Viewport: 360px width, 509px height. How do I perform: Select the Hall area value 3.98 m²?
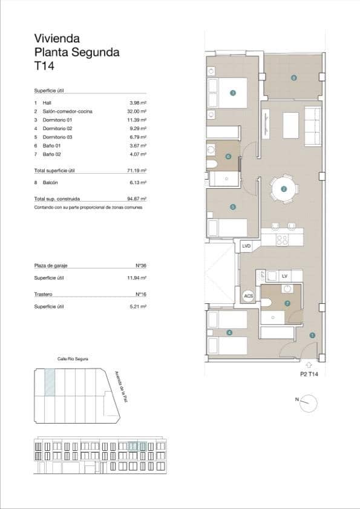pos(139,103)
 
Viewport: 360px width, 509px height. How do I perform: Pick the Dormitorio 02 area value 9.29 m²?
pos(139,128)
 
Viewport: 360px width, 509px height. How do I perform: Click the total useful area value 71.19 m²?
pos(138,171)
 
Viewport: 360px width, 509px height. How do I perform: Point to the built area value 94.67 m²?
pos(138,199)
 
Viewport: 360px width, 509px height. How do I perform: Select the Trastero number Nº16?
pos(142,295)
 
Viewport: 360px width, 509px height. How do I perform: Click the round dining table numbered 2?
pos(284,189)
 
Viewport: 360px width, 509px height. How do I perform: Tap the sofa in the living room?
pos(312,126)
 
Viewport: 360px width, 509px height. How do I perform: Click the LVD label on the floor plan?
pos(246,246)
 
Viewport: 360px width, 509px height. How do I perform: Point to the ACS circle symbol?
pos(248,296)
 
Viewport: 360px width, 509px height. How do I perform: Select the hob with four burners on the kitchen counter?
pos(283,240)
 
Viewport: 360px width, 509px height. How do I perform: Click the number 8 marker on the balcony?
pos(293,77)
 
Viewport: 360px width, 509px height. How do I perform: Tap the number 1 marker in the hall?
pos(312,335)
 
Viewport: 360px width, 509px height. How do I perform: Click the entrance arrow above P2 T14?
pos(309,365)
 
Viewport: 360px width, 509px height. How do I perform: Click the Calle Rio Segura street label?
pos(73,359)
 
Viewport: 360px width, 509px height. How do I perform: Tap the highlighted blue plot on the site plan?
pos(51,383)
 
